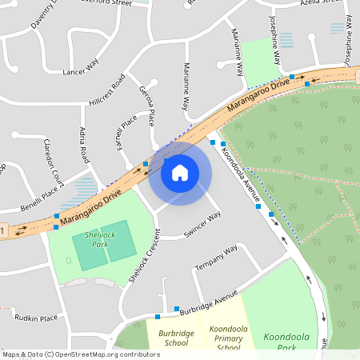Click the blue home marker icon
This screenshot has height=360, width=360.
180,172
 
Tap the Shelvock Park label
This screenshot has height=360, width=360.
91,239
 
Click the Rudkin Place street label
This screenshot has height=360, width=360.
38,318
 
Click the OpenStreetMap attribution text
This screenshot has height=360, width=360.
80,354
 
